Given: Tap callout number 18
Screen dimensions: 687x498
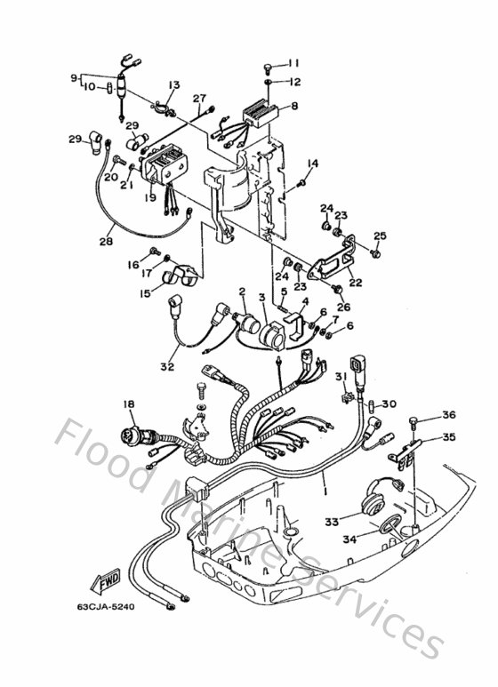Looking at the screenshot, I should pos(129,403).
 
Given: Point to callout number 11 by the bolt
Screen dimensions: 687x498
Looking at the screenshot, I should pos(293,63).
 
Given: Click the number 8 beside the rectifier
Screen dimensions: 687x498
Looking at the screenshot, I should pos(294,106).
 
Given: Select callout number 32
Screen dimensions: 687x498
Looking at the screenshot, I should pos(168,365).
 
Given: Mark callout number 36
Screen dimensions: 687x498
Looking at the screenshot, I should pos(448,414).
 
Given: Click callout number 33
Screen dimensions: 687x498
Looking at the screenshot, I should pos(332,522).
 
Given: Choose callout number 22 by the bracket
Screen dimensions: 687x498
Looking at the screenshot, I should pos(355,284).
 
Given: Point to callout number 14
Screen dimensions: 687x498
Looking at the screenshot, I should pos(312,164).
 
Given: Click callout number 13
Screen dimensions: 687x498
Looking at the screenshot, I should pos(173,84).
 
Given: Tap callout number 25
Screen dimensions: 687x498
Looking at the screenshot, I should pos(380,236).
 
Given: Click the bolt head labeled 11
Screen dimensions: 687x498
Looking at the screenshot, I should pos(267,68).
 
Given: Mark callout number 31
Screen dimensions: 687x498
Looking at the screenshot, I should pos(339,377).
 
